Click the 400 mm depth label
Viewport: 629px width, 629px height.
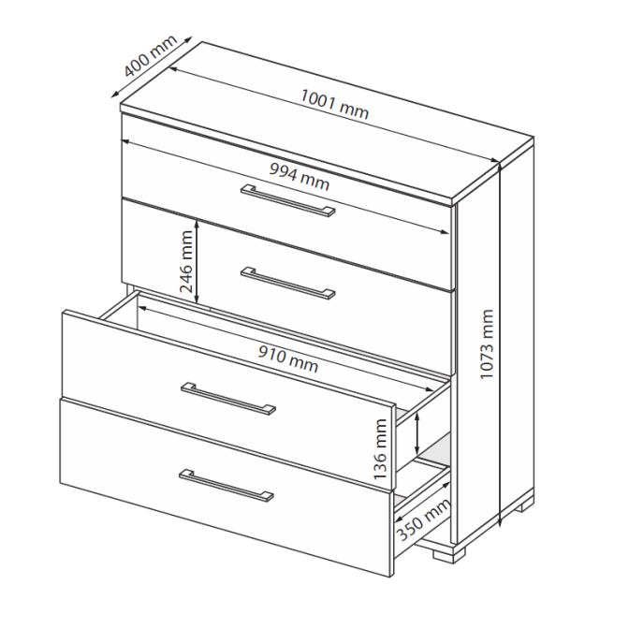pyautogui.click(x=151, y=56)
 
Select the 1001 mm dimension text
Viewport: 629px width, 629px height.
pyautogui.click(x=334, y=104)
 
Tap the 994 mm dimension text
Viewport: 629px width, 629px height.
pyautogui.click(x=300, y=176)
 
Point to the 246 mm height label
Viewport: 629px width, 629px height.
pyautogui.click(x=186, y=261)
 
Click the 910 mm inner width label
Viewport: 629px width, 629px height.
pyautogui.click(x=288, y=359)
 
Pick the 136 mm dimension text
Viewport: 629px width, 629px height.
pyautogui.click(x=379, y=449)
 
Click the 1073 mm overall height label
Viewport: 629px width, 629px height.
pyautogui.click(x=486, y=344)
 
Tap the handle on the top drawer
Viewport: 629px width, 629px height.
pyautogui.click(x=287, y=200)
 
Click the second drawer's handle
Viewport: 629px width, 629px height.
pyautogui.click(x=287, y=283)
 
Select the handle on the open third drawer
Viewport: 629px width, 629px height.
pyautogui.click(x=227, y=399)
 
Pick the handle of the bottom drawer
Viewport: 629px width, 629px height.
pyautogui.click(x=227, y=485)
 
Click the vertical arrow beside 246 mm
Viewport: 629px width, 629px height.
pyautogui.click(x=197, y=261)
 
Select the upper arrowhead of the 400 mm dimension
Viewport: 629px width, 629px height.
pyautogui.click(x=187, y=40)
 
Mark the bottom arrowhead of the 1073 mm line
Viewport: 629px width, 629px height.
pyautogui.click(x=500, y=523)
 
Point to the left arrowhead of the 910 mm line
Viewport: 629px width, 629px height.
pyautogui.click(x=141, y=309)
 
